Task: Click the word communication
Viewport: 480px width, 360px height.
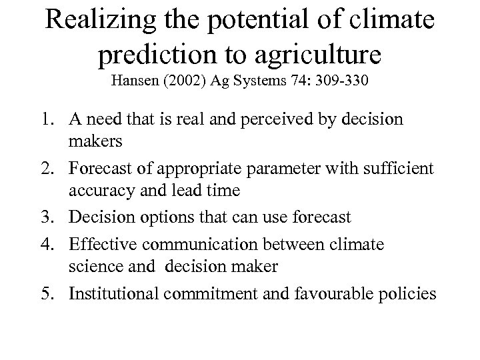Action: [194, 243]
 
